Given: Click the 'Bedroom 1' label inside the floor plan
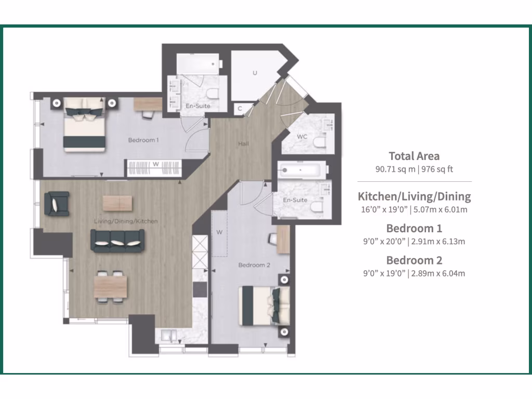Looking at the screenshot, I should click(143, 140).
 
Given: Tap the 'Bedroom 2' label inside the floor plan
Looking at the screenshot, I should click(254, 265).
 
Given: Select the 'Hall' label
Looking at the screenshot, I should click(243, 143).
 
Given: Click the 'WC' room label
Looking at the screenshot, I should click(302, 137).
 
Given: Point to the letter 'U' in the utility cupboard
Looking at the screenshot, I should click(255, 73).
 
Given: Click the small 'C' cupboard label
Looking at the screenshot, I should click(240, 109).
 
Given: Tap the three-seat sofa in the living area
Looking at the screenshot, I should click(118, 240).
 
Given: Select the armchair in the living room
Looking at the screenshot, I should click(57, 203).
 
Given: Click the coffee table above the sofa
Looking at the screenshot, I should click(118, 203).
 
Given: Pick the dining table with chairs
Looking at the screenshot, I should click(111, 286).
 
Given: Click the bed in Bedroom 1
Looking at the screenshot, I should click(85, 124).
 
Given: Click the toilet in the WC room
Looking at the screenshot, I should click(320, 140).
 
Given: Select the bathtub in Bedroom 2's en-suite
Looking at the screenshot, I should click(301, 169).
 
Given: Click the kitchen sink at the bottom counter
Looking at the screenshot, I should click(168, 336).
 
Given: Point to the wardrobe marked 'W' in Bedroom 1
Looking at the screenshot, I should click(155, 168).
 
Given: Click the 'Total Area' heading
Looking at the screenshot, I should click(414, 156).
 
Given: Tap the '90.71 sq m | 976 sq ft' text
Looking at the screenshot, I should click(414, 169).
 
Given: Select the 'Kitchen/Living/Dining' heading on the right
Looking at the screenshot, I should click(414, 196).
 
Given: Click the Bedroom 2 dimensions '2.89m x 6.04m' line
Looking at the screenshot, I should click(414, 273).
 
